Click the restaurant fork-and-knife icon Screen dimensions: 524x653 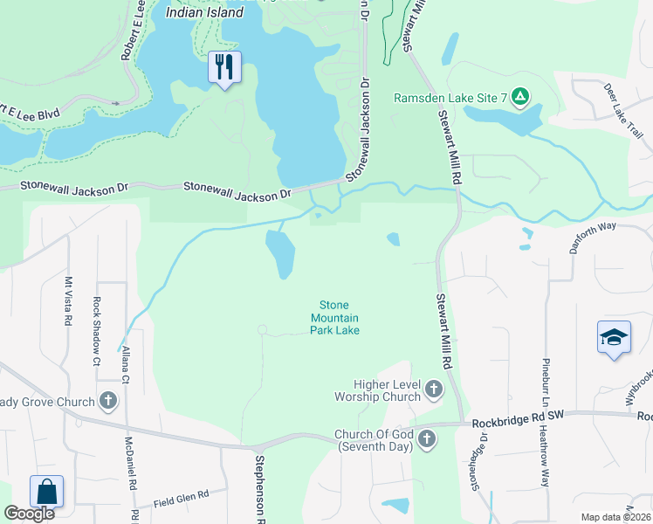point(224,66)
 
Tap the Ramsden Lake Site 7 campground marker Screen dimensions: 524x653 point(520,96)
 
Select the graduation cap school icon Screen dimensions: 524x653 point(614,337)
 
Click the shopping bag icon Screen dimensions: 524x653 point(46,492)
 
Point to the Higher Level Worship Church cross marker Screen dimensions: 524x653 point(434,390)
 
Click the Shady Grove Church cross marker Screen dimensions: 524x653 point(108,402)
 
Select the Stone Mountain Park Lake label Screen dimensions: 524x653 point(335,317)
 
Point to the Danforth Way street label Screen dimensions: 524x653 point(594,237)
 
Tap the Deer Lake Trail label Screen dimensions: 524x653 point(623,111)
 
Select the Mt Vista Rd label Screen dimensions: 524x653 point(68,302)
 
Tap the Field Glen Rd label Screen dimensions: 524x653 point(181,498)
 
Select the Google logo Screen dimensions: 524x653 point(29,514)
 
